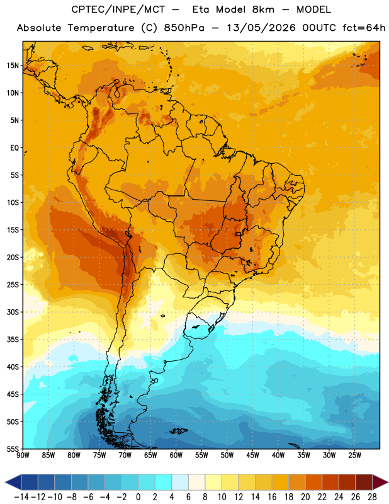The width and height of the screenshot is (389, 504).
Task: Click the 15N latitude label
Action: point(13,66)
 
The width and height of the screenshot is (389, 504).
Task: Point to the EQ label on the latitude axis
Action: point(14,148)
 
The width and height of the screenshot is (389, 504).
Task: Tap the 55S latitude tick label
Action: point(13,449)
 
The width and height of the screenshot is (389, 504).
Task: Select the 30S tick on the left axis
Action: point(13,312)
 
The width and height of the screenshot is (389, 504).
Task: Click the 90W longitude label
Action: point(23,455)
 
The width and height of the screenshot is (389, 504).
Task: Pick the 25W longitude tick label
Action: point(354,455)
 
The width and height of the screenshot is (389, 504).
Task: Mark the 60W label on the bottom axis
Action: point(176,455)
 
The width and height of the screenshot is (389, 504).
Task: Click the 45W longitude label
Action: point(252,455)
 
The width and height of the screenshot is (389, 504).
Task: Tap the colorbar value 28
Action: point(372,497)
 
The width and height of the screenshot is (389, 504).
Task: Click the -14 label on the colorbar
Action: point(21,497)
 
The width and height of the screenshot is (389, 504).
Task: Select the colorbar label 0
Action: point(138,497)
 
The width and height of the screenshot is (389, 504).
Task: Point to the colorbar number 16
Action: point(272,497)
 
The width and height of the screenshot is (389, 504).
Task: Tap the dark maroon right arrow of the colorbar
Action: point(380,482)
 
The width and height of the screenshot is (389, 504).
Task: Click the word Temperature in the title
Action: point(101,28)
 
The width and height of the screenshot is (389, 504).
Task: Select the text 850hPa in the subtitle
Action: point(184,28)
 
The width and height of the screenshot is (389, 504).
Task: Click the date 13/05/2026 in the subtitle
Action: point(261,28)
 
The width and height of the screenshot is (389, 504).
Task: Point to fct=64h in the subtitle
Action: point(364,28)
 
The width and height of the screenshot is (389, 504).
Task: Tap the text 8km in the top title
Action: point(263,9)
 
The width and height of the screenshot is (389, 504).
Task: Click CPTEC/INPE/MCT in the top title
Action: point(118,9)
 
